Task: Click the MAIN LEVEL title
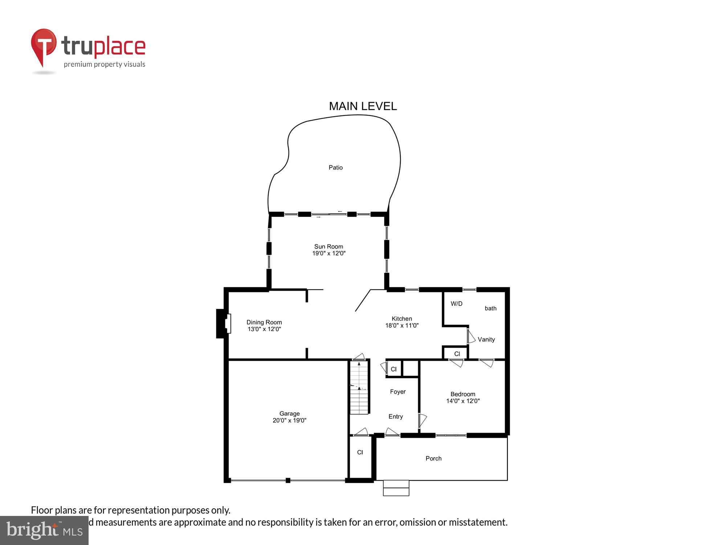(x=363, y=106)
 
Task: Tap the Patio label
(x=335, y=167)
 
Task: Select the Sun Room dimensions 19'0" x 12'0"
(x=329, y=253)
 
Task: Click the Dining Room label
(x=264, y=322)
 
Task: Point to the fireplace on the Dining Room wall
(x=223, y=323)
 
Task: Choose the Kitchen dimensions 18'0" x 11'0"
(x=402, y=326)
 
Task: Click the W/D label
(x=456, y=304)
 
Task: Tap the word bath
(x=490, y=308)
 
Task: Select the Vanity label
(x=486, y=339)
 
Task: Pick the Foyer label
(x=398, y=392)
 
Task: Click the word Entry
(x=396, y=417)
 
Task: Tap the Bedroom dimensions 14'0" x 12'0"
(x=463, y=401)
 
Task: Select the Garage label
(x=289, y=413)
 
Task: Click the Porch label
(x=433, y=459)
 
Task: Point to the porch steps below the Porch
(x=396, y=488)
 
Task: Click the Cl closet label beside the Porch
(x=360, y=452)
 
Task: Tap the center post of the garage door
(x=288, y=480)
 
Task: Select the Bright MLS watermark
(x=44, y=530)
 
